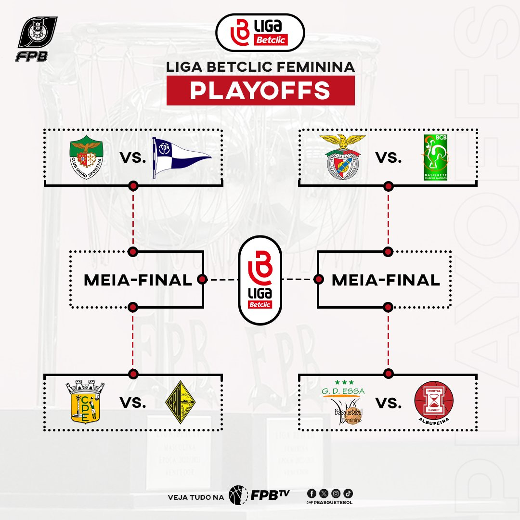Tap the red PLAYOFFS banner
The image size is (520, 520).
tap(260, 91)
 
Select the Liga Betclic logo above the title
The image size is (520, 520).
tap(260, 32)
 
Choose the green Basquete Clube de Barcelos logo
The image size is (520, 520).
tap(434, 157)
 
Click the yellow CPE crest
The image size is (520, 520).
tap(85, 403)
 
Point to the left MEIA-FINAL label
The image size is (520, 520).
tap(138, 279)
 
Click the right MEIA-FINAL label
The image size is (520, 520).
tap(386, 279)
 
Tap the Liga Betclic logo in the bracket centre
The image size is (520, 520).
tap(260, 279)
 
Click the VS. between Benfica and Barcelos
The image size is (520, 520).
tap(388, 157)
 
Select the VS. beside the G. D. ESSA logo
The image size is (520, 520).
tap(388, 403)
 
